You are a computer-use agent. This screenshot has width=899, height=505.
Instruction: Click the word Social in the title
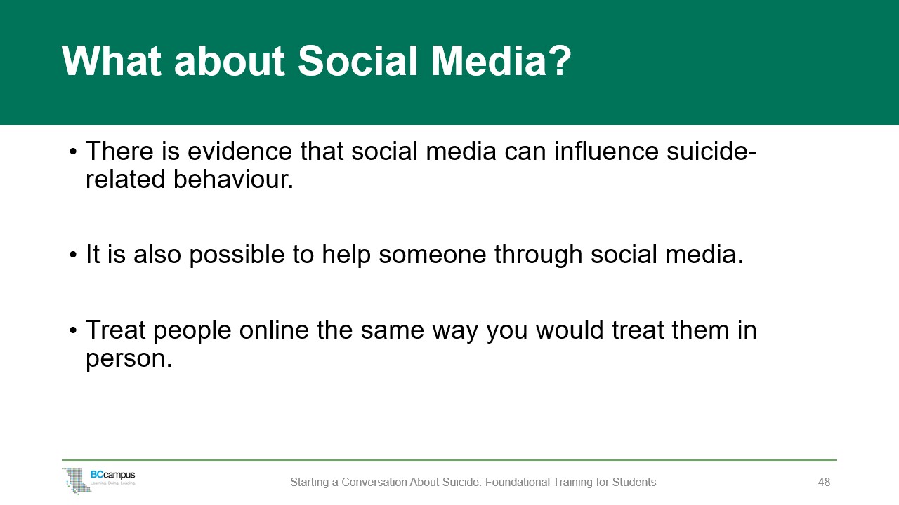tap(358, 61)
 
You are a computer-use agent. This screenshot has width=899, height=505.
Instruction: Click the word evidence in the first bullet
tap(240, 151)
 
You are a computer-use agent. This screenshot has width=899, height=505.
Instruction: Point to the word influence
tap(606, 151)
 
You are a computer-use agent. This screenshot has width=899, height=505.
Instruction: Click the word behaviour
tap(234, 179)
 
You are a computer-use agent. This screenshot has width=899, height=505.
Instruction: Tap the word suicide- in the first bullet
tap(712, 151)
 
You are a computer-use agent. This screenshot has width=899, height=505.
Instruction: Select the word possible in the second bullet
tap(237, 255)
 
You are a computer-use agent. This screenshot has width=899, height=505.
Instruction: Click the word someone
tap(432, 255)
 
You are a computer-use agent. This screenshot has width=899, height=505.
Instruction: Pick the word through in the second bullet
tap(538, 255)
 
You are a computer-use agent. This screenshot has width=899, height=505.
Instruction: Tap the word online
tap(274, 330)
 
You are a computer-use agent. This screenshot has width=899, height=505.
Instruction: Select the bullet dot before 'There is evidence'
tap(72, 152)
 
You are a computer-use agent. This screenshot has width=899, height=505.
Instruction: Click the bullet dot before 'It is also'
tap(72, 255)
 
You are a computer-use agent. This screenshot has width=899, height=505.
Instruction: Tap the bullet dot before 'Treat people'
tap(72, 330)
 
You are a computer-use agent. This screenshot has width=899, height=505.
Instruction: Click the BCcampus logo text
tap(113, 475)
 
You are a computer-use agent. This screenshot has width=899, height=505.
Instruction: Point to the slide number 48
tap(824, 482)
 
